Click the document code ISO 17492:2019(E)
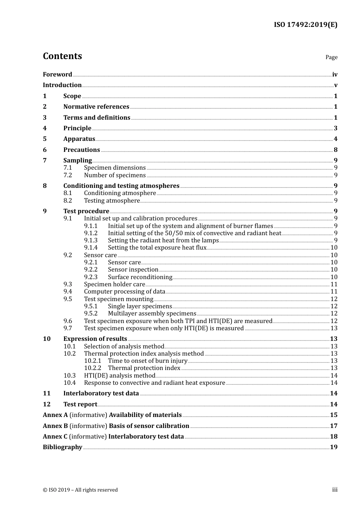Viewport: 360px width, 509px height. tap(305, 25)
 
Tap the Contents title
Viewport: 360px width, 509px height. tap(62, 56)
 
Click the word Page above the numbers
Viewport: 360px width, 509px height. tap(331, 57)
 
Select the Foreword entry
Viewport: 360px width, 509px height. tap(57, 75)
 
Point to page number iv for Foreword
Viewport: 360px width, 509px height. tap(335, 75)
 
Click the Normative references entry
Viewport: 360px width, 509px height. tap(96, 107)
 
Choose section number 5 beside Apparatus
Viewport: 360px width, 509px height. tap(45, 139)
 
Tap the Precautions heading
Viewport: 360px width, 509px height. tap(81, 150)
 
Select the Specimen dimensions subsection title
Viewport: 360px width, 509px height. tap(115, 168)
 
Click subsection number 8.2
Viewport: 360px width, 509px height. tap(68, 201)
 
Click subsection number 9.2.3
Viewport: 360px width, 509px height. tap(91, 277)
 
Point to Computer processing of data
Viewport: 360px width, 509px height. tap(125, 292)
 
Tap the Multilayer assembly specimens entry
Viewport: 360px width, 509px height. tap(152, 314)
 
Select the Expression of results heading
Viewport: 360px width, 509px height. tap(95, 339)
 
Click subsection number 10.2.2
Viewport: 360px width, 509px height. tap(93, 368)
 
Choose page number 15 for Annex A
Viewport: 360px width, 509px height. tap(333, 415)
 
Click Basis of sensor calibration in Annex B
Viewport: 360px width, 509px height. tap(149, 426)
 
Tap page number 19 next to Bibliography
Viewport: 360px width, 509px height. tap(333, 447)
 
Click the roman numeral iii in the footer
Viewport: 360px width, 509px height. tap(335, 490)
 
